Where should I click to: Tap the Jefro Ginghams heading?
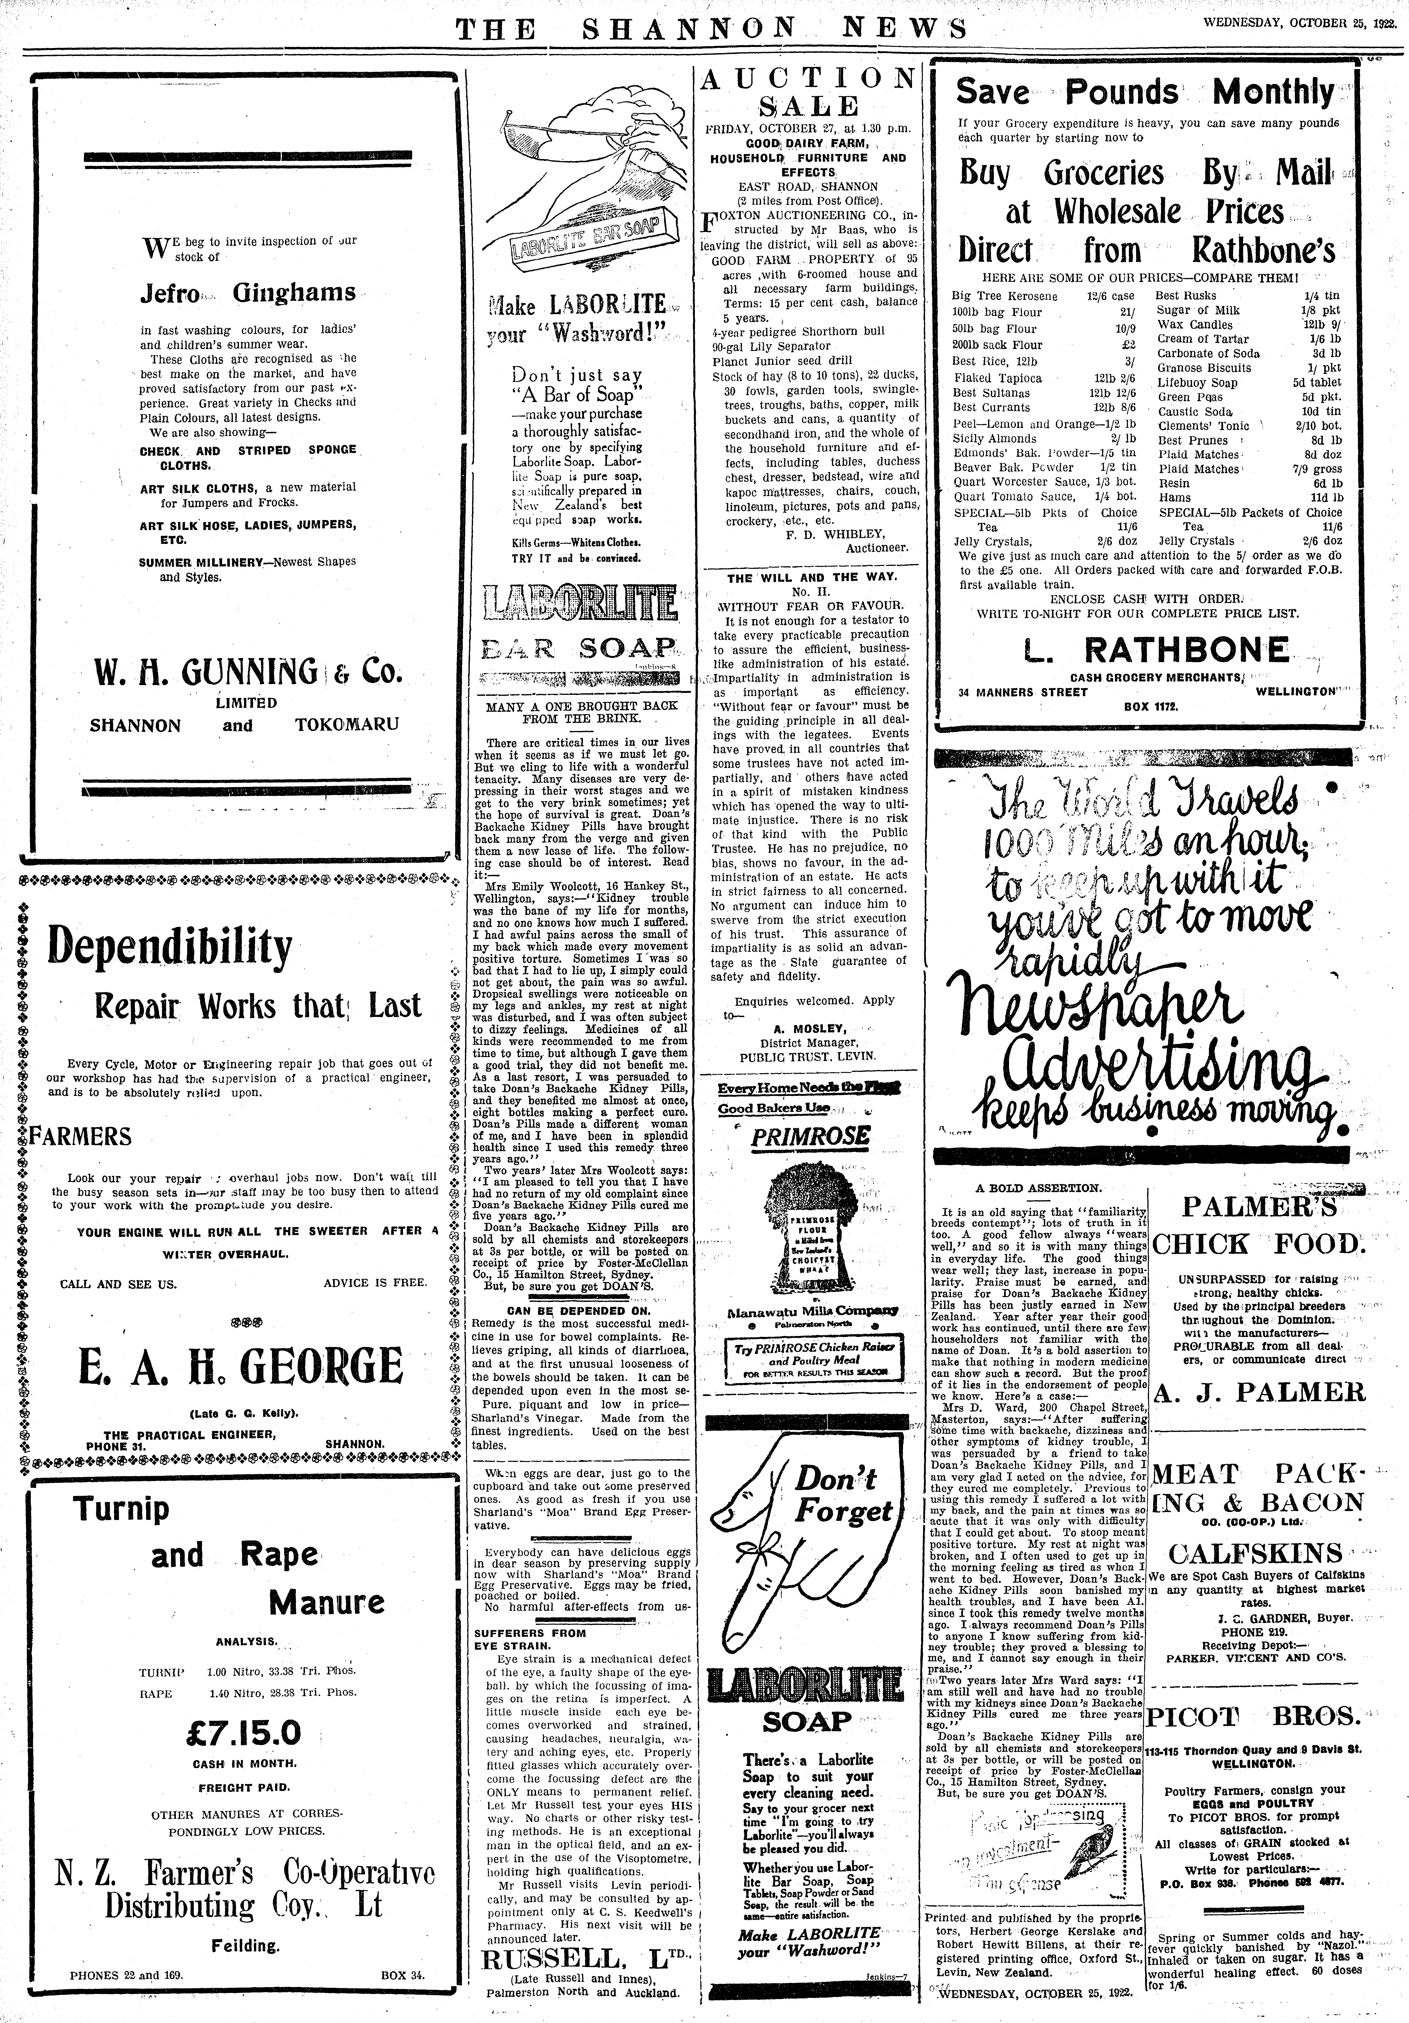click(x=247, y=293)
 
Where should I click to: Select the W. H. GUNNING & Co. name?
click(x=246, y=674)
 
